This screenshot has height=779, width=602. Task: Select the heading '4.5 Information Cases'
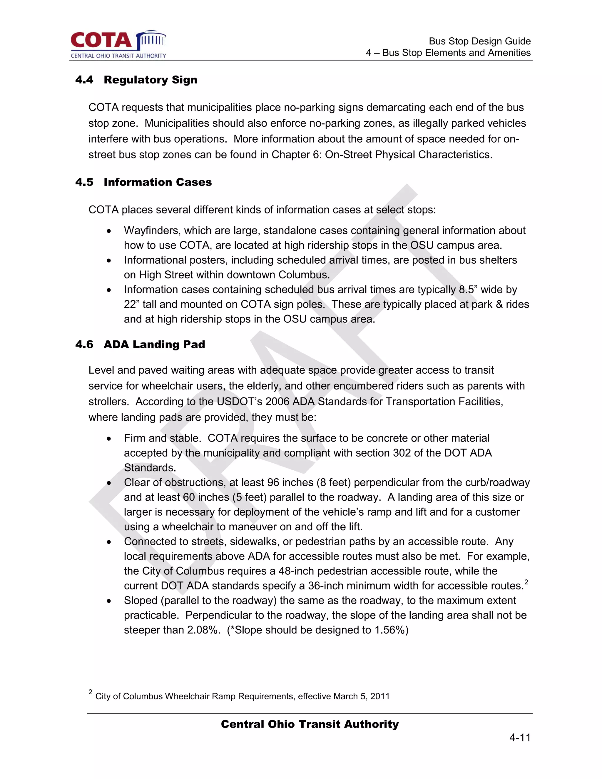[x=143, y=182]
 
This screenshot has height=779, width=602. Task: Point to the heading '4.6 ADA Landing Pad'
[x=140, y=345]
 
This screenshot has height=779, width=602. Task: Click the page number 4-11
[x=520, y=738]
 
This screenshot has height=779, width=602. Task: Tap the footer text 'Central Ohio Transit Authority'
[x=310, y=724]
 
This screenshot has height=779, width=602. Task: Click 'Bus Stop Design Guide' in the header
[x=479, y=41]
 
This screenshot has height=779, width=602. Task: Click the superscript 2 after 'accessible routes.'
[x=526, y=582]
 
